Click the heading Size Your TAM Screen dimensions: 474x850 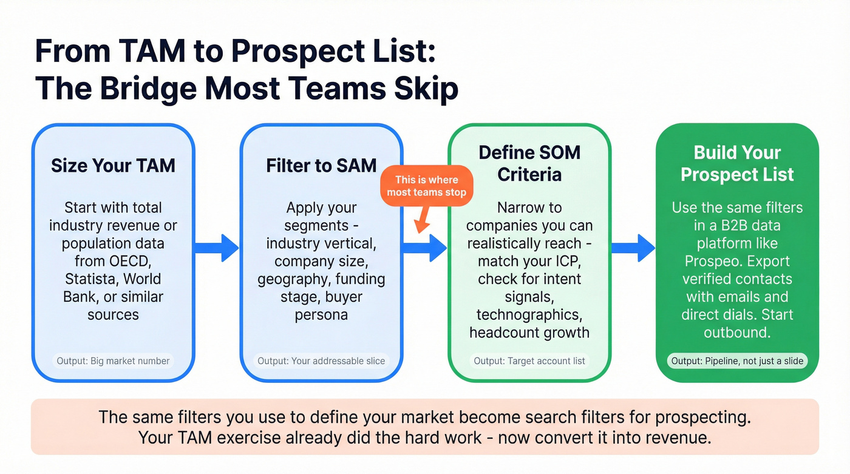pyautogui.click(x=113, y=166)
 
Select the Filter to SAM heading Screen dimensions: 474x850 pyautogui.click(x=321, y=166)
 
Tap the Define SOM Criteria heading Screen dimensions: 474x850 pyautogui.click(x=529, y=163)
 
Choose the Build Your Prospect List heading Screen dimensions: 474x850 pyautogui.click(x=737, y=163)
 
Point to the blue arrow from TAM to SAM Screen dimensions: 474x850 pyautogui.click(x=217, y=247)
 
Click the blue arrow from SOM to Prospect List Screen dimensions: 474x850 pyautogui.click(x=633, y=247)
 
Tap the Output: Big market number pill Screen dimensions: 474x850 pyautogui.click(x=113, y=361)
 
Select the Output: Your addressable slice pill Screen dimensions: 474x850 pyautogui.click(x=321, y=361)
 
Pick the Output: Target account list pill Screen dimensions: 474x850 pyautogui.click(x=529, y=361)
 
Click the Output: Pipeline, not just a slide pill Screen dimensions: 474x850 pyautogui.click(x=737, y=361)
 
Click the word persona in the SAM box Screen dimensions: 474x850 pyautogui.click(x=321, y=315)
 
